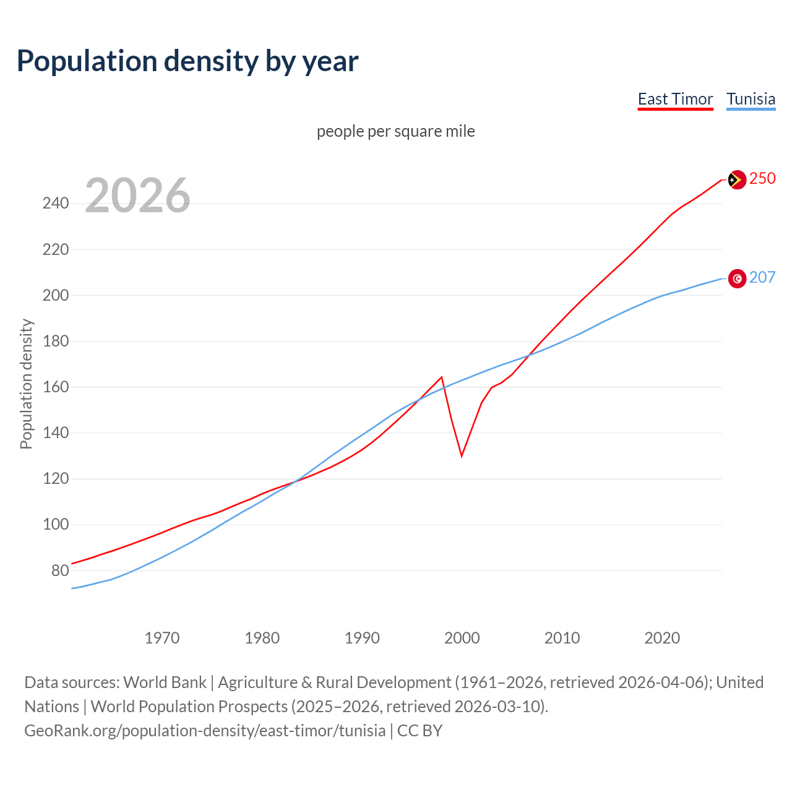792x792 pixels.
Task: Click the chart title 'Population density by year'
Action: [x=187, y=61]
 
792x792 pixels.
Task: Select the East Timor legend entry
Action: [x=675, y=100]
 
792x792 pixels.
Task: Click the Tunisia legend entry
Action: [x=751, y=100]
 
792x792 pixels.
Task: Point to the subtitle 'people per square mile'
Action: [x=395, y=132]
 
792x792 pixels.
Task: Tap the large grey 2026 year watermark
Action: [x=137, y=196]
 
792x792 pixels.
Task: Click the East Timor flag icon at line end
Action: [x=736, y=179]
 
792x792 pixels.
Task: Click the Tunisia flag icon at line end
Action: [x=737, y=278]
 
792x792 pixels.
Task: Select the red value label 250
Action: [x=762, y=179]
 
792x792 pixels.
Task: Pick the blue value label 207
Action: [x=762, y=278]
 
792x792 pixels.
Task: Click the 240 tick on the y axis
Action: [x=56, y=204]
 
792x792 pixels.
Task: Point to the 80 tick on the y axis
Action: [x=60, y=570]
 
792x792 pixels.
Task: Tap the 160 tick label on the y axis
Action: [x=56, y=387]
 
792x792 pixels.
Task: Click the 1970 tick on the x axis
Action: [x=162, y=638]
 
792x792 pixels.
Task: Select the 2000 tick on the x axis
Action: [x=462, y=638]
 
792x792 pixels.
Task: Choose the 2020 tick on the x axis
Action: [x=662, y=638]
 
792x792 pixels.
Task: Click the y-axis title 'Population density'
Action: [x=26, y=384]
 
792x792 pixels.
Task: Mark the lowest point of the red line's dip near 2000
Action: [x=462, y=456]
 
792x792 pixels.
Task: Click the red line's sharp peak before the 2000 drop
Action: [x=442, y=377]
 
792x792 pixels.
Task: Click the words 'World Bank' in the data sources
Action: [x=165, y=682]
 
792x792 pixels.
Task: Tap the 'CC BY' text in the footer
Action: [x=420, y=731]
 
